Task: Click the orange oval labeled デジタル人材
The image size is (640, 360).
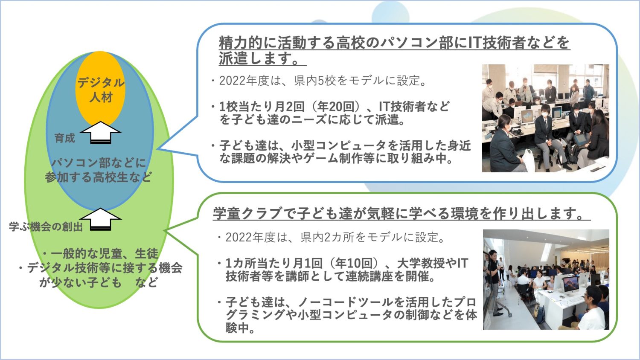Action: tap(100, 89)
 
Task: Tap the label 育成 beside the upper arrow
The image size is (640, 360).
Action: tap(64, 138)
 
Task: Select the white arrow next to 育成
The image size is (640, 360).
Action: tap(100, 132)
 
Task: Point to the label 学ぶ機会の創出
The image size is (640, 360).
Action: tap(46, 226)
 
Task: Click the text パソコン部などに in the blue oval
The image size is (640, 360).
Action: tap(99, 163)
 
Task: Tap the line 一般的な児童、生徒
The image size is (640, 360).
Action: tap(100, 253)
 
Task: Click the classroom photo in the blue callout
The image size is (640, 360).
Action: tap(545, 118)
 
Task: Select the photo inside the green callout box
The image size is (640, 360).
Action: tap(546, 279)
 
